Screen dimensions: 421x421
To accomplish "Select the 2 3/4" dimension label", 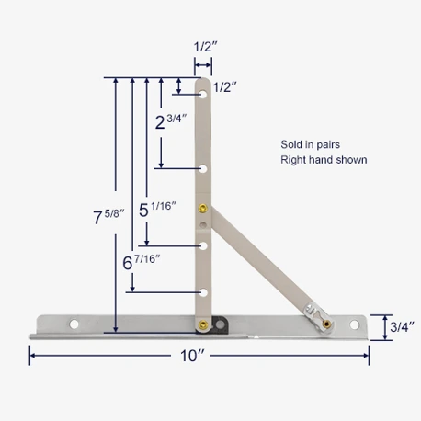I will [172, 120].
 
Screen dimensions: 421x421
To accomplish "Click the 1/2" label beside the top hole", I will [225, 87].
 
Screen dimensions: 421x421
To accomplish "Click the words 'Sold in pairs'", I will [309, 144].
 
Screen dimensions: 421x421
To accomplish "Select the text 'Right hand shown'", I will [324, 160].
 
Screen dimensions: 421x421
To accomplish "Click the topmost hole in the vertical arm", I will [203, 93].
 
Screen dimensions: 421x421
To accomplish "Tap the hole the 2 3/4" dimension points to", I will [203, 168].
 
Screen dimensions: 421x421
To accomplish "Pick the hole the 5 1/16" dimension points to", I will [203, 245].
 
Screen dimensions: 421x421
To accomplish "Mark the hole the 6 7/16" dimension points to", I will [203, 292].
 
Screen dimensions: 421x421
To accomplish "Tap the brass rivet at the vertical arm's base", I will [202, 324].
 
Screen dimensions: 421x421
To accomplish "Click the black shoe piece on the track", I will [219, 323].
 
